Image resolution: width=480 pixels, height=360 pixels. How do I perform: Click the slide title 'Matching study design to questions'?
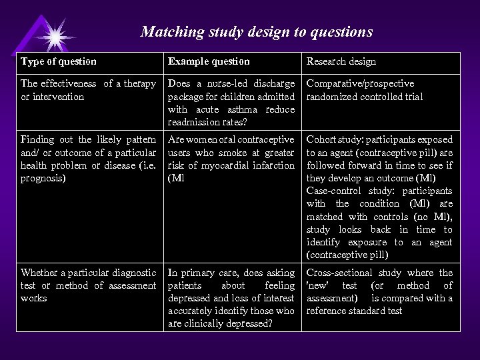click(257, 31)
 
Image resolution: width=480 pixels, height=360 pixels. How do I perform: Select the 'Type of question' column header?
click(59, 61)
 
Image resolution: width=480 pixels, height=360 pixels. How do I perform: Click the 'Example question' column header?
click(209, 61)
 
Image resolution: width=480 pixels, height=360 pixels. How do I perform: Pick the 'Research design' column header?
click(341, 61)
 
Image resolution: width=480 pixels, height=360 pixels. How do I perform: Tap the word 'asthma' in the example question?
click(234, 109)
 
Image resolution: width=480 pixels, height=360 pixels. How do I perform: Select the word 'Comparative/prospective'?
click(360, 83)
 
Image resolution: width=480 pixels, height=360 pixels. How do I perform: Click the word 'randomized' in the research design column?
click(330, 96)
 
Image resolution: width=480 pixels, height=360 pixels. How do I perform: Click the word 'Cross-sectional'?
click(340, 273)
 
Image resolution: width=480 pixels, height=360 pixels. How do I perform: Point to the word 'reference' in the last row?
click(327, 311)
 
